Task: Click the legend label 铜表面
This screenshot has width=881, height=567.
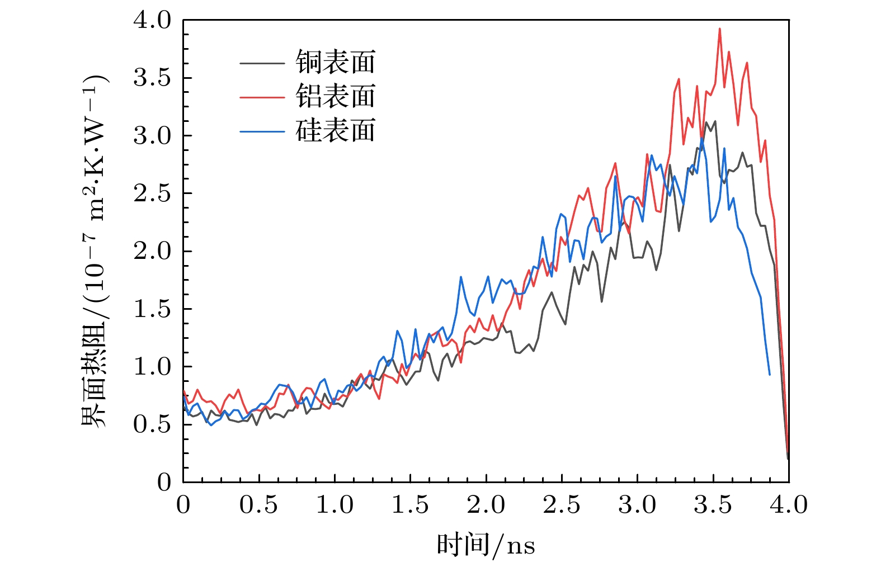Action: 335,62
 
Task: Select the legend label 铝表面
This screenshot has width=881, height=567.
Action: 335,97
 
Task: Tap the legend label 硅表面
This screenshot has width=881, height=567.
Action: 335,131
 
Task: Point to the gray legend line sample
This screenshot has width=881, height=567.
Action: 262,63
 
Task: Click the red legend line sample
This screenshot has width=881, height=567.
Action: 262,97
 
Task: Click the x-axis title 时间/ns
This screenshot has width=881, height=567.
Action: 486,545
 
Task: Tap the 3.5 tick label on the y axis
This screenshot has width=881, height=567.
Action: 152,78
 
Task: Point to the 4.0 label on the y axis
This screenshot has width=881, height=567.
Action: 152,21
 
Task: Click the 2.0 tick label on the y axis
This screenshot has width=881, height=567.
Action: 152,251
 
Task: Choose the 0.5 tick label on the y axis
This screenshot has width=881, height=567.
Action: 152,424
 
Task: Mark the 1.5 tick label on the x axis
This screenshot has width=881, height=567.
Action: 410,505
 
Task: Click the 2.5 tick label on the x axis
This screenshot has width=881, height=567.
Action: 562,505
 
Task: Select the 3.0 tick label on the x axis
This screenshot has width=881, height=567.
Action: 637,505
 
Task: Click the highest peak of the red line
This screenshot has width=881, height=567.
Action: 719,29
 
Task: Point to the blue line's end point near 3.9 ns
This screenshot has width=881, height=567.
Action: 770,374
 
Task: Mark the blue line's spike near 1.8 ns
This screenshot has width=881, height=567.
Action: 461,277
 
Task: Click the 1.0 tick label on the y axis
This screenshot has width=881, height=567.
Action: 152,367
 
